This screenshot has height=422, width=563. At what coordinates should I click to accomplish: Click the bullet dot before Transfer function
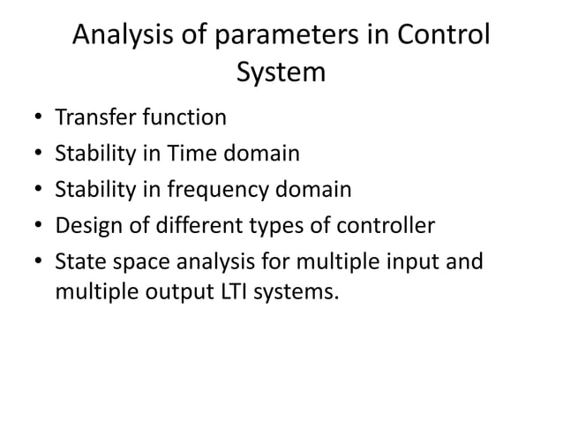pyautogui.click(x=39, y=118)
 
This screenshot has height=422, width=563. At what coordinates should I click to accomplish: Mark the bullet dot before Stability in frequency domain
pyautogui.click(x=39, y=191)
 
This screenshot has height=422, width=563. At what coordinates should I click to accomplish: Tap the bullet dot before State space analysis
pyautogui.click(x=39, y=263)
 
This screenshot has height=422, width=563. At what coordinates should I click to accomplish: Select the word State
pyautogui.click(x=79, y=262)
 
